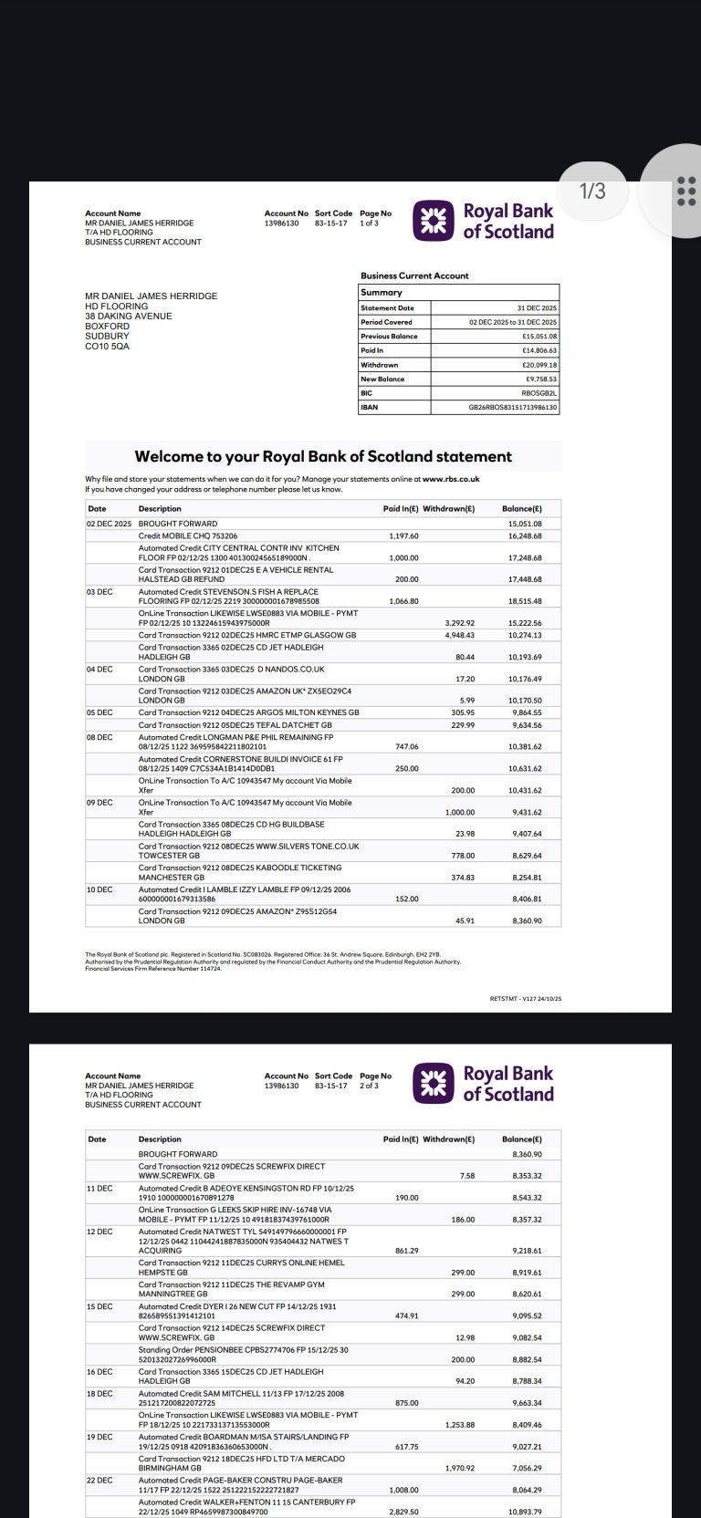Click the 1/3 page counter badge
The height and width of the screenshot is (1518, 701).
[592, 191]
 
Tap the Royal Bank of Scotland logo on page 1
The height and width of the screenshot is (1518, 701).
[483, 222]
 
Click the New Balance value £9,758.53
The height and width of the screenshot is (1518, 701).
[540, 379]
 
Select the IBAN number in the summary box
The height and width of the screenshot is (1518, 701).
[512, 408]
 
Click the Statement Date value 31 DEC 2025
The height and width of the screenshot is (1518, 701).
[537, 308]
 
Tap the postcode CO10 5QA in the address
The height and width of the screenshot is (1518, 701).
[107, 347]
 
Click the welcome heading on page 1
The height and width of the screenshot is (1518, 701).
[323, 456]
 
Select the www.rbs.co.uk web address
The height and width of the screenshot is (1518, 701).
[451, 479]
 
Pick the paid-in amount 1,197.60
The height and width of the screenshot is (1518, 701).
[403, 536]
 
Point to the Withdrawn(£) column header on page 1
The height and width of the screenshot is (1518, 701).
[448, 509]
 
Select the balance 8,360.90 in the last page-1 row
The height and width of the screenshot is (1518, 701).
[526, 921]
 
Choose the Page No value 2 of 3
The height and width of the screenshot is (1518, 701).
[370, 1086]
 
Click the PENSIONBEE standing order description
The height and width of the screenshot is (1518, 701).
[243, 1350]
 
